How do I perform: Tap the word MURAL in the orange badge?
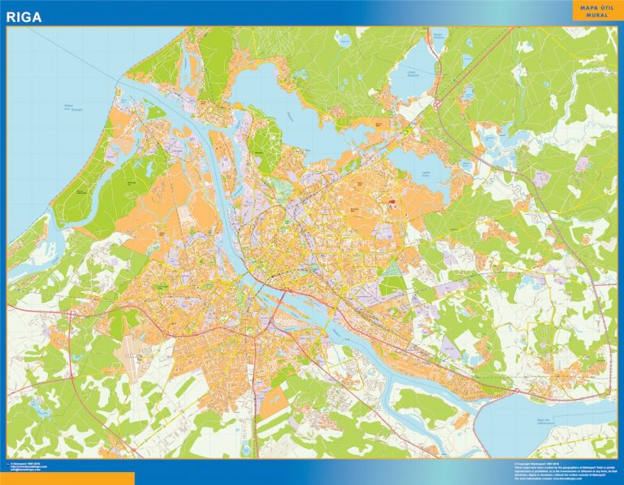pyautogui.click(x=597, y=15)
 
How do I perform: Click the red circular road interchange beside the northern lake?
pyautogui.click(x=436, y=104)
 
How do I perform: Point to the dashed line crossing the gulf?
pyautogui.click(x=81, y=57)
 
